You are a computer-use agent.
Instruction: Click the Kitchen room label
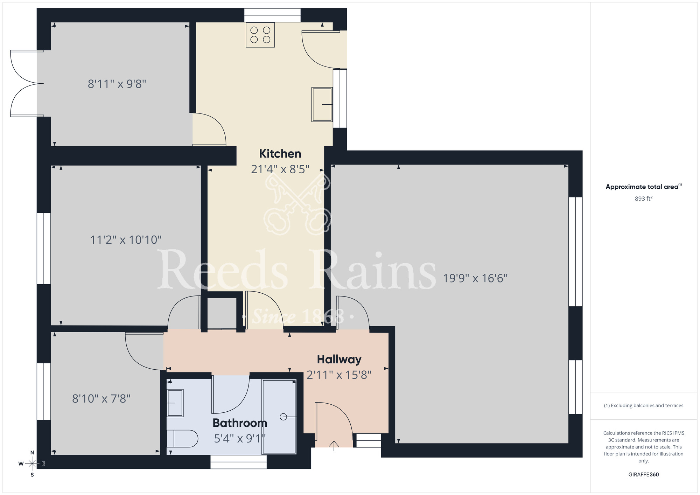pos(280,154)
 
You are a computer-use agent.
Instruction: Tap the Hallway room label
pos(339,360)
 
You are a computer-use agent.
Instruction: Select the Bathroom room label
pos(240,423)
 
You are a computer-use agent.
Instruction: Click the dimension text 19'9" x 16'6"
pos(475,278)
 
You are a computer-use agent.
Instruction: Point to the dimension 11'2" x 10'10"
pos(126,240)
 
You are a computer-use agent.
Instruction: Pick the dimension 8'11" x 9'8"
pos(117,84)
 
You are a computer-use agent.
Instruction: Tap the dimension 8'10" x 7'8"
pos(101,399)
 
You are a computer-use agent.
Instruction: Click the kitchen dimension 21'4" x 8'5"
pos(280,169)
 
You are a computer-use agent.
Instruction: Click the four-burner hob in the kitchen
pos(260,35)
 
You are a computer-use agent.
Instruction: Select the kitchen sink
pos(322,104)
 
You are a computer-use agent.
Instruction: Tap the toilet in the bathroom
pos(182,439)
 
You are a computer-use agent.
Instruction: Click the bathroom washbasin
pos(175,403)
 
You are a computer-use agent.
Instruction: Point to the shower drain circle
pos(283,417)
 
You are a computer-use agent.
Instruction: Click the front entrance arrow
pos(334,446)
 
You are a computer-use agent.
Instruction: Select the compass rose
pos(32,464)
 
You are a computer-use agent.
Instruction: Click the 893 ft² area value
pos(643,198)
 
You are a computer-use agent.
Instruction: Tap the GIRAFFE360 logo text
pos(643,475)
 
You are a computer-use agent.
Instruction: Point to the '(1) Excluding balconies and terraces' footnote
pos(643,406)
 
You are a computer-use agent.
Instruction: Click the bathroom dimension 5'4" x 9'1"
pos(240,439)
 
